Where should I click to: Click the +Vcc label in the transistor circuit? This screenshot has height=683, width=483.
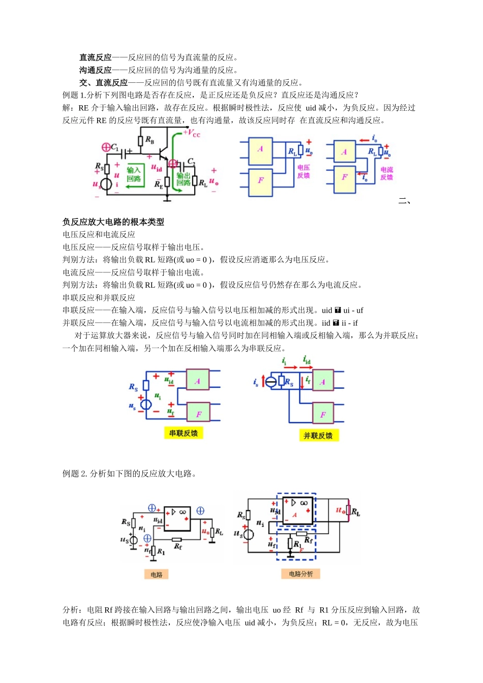192,134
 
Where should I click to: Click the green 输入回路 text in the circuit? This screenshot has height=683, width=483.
134,174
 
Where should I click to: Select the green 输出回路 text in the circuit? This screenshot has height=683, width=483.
184,179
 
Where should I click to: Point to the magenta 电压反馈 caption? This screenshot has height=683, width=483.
304,171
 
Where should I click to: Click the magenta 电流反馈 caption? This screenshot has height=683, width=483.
387,173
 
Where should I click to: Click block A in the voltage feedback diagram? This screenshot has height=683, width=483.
260,149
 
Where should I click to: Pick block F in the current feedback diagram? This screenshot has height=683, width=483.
345,177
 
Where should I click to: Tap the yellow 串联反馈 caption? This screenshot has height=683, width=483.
184,433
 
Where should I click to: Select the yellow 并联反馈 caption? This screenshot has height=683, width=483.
318,436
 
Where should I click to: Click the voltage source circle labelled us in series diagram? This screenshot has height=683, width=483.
146,405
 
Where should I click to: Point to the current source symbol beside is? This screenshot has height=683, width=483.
271,382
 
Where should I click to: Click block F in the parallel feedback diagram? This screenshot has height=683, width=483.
323,415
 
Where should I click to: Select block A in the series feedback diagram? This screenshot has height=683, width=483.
198,381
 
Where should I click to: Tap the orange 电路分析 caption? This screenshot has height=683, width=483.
301,574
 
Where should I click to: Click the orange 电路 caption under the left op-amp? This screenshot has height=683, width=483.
157,575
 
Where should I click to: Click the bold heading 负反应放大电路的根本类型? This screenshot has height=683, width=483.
113,222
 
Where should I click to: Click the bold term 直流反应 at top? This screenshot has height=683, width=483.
95,57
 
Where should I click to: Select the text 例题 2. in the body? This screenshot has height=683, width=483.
75,474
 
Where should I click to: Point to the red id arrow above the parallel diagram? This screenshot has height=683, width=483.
307,361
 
